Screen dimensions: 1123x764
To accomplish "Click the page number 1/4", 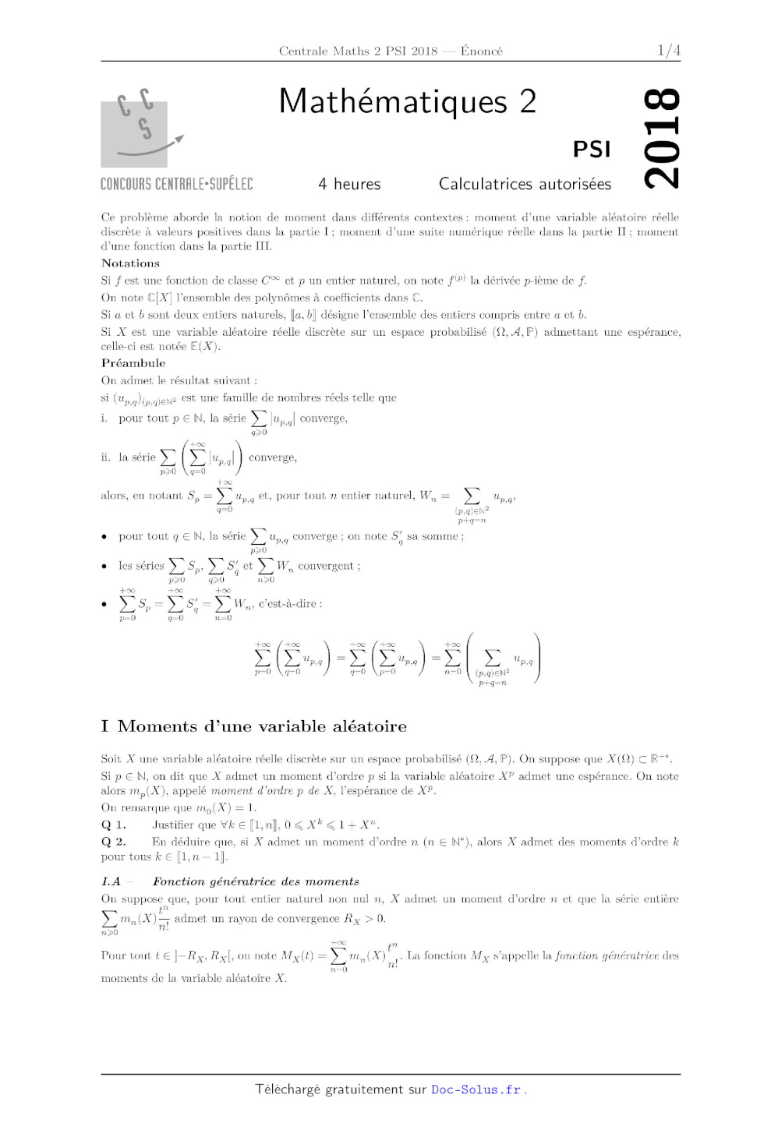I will tap(669, 51).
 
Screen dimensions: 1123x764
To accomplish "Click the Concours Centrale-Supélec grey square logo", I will tap(134, 133).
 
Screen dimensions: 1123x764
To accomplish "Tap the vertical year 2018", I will tap(661, 139).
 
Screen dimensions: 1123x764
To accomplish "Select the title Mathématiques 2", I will tap(408, 101).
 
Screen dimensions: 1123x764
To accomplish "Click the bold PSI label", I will tap(592, 149).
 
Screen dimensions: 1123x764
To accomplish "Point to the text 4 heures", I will tap(349, 184).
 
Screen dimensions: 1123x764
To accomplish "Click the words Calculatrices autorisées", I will tap(525, 184).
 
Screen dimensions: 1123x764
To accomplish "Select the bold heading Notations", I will tap(130, 263).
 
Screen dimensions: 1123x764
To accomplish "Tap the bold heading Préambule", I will tap(133, 363).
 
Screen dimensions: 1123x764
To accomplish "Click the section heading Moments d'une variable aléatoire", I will tap(262, 726).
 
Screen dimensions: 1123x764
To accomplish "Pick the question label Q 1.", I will tap(113, 825).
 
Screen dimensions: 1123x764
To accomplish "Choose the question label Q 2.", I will tap(113, 842).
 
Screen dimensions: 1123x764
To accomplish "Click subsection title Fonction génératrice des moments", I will tap(256, 881).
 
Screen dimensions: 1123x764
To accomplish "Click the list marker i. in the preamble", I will tap(104, 418).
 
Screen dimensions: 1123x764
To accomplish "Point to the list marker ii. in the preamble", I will tap(106, 457).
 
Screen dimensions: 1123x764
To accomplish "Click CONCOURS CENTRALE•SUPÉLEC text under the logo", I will tap(177, 184).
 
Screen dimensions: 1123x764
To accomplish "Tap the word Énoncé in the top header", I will tap(482, 51).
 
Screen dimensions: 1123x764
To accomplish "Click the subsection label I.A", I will tap(111, 881).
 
